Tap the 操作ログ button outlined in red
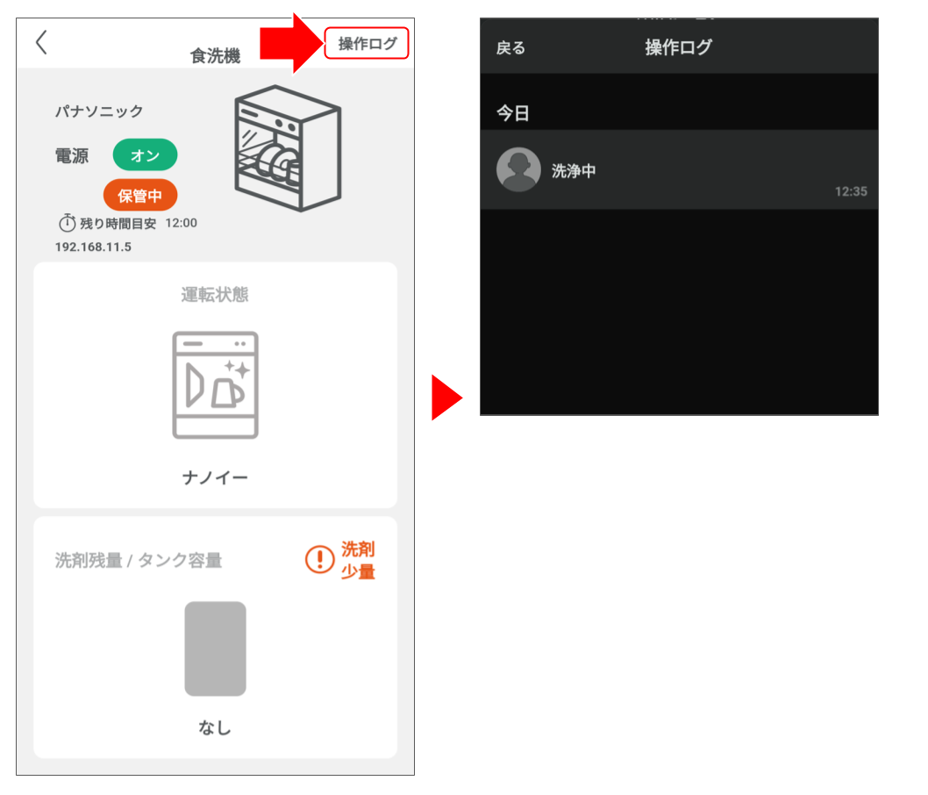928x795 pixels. coord(367,43)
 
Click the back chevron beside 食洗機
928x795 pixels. coord(41,43)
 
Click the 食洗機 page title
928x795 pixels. coord(216,55)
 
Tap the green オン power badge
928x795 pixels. coord(145,155)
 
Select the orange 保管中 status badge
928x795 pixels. coord(140,195)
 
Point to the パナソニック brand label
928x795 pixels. coord(99,111)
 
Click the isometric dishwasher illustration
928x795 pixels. coord(288,148)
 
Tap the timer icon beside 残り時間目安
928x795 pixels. coord(67,223)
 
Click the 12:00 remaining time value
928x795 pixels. coord(181,223)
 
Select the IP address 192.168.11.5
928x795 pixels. coord(93,247)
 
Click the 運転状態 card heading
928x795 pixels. coord(215,294)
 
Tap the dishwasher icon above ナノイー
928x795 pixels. coord(216,384)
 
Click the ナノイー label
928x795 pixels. coord(215,477)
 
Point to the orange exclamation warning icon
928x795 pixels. coord(320,559)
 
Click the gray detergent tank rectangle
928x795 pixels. coord(216,648)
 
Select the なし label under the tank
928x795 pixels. coord(215,727)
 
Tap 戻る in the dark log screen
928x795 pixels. coord(510,48)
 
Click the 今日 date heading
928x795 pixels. coord(512,113)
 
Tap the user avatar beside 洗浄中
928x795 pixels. coord(518,169)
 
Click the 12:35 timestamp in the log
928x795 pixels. coord(851,191)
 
